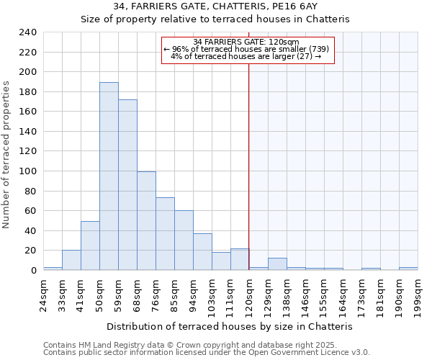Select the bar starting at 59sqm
(127, 185)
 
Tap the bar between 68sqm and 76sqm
(146, 221)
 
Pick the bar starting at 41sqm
(90, 246)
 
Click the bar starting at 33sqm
(71, 260)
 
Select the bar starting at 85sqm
(184, 240)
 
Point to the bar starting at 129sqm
(277, 264)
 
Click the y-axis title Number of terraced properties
(6, 154)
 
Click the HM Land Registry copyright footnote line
(200, 345)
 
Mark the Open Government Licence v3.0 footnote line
(206, 352)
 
